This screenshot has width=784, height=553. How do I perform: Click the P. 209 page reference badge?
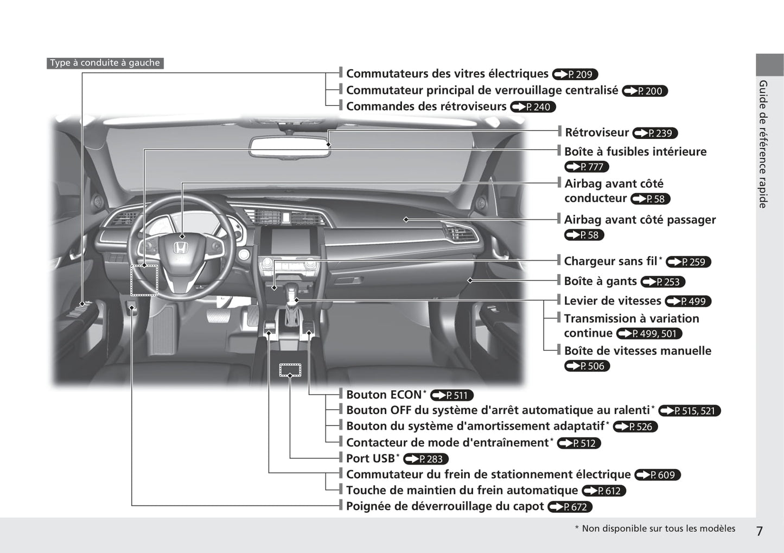575,74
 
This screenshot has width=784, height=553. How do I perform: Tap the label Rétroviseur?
597,132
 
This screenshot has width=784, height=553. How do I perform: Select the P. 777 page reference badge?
587,167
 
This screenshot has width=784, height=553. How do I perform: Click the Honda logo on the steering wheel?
180,249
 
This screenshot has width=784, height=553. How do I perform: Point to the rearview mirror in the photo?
290,147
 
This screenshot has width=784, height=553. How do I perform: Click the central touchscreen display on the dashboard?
290,241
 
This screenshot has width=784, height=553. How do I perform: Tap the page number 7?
759,531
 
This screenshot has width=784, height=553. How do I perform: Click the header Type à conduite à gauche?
105,63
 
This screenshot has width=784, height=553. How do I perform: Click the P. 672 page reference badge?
570,507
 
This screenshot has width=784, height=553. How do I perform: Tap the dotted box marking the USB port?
290,370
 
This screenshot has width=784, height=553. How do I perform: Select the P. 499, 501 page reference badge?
649,334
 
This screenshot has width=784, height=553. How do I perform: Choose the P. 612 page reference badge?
604,491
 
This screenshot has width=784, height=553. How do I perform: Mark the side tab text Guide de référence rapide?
763,144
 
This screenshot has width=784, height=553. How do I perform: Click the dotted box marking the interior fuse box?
144,281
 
